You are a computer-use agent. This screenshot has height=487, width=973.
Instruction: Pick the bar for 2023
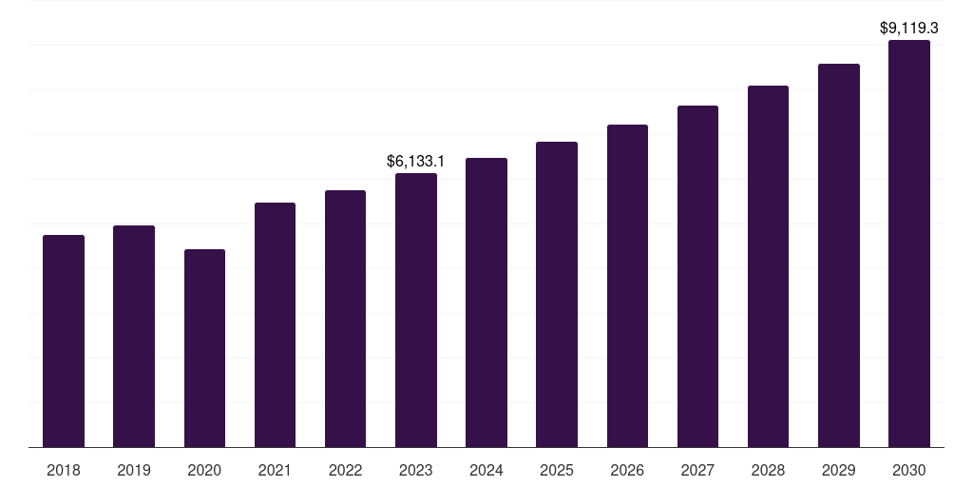[x=416, y=310]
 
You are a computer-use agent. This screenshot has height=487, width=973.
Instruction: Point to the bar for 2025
[x=557, y=294]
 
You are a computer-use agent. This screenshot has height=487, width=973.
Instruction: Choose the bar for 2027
[x=697, y=276]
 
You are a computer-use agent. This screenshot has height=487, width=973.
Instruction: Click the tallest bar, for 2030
[x=909, y=243]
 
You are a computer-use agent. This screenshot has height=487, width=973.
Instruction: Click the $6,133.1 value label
[x=416, y=162]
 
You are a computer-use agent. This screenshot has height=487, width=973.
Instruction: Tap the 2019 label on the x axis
[x=134, y=470]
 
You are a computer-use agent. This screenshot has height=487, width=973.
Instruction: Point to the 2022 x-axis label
[x=346, y=470]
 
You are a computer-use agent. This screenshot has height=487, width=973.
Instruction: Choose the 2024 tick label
[x=486, y=470]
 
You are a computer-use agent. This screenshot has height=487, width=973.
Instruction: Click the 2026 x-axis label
[x=627, y=470]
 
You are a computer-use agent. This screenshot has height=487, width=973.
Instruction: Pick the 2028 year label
[x=768, y=470]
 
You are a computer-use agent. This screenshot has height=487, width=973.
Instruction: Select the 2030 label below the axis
[x=909, y=470]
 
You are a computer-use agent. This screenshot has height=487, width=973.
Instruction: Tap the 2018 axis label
[x=64, y=470]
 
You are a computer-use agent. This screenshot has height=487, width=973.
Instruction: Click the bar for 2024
[x=486, y=302]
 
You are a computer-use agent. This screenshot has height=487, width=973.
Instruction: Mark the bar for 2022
[x=346, y=319]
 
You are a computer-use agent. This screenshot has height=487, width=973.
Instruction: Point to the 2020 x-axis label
[x=204, y=470]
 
